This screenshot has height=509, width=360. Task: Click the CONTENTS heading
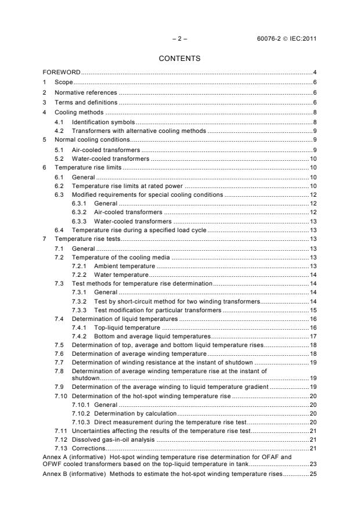tap(179, 58)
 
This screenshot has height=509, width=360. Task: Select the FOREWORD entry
tap(62, 73)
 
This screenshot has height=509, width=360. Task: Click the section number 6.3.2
tap(82, 212)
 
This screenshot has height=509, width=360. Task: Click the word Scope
tap(63, 82)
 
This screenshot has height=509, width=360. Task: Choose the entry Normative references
tap(85, 92)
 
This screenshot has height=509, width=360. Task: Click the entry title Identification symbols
tap(103, 122)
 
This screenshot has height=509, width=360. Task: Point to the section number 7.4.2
tap(82, 336)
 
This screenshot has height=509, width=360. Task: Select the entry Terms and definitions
tap(85, 102)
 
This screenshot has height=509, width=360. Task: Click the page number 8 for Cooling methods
tap(314, 112)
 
